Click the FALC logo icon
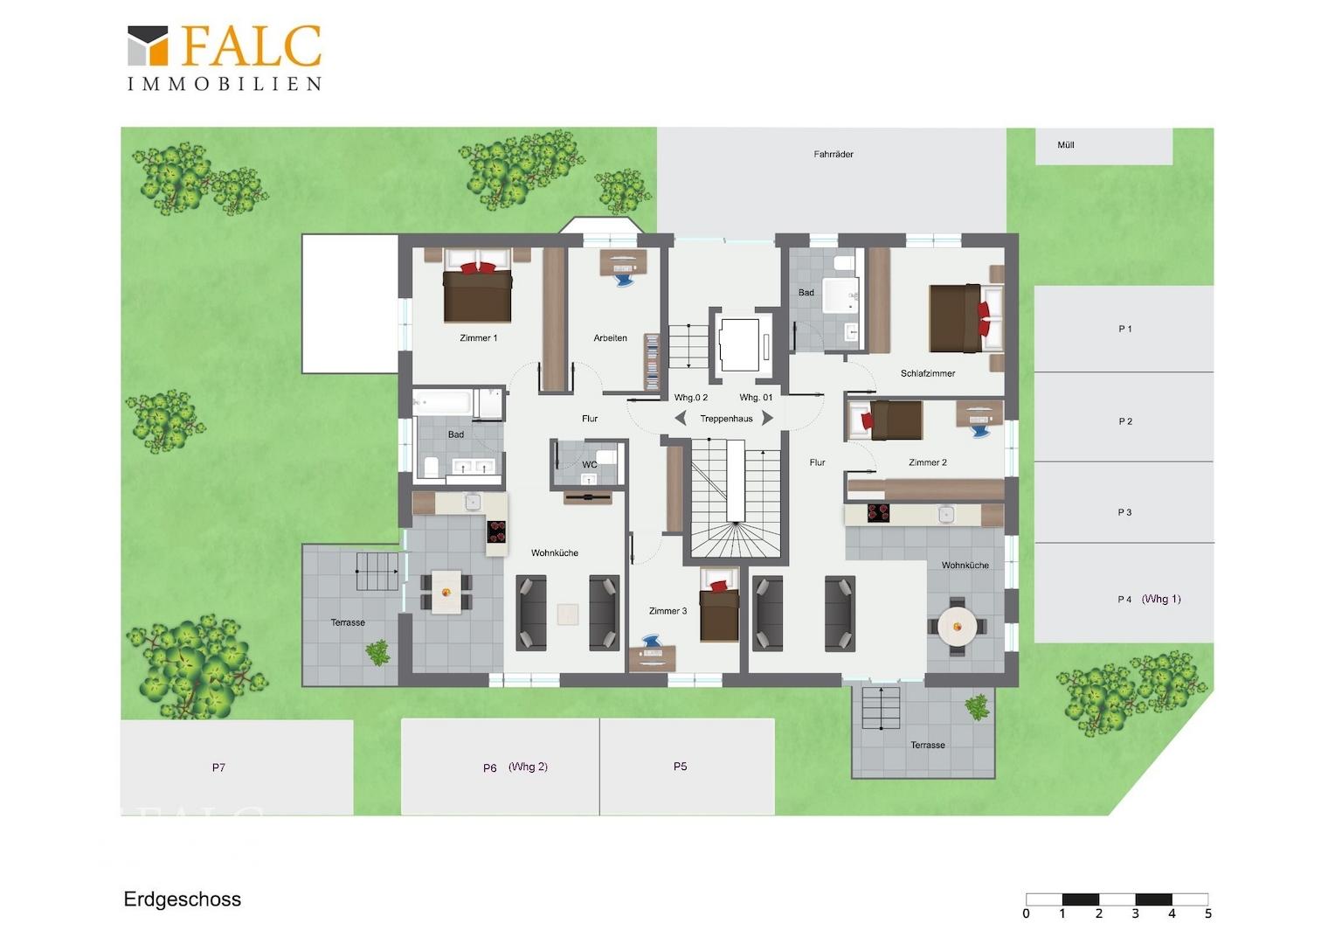[x=148, y=45]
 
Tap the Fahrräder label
[x=834, y=155]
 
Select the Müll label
[x=1066, y=145]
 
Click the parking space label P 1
[x=1124, y=329]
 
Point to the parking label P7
[x=218, y=767]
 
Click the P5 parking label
[x=680, y=767]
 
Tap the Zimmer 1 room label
[x=478, y=338]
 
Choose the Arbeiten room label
[x=611, y=338]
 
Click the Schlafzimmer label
[x=927, y=373]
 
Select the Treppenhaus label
[x=726, y=419]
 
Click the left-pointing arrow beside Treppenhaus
[x=680, y=418]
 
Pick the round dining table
[x=958, y=626]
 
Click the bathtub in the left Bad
[x=444, y=403]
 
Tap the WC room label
[x=590, y=464]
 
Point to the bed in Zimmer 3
[x=719, y=605]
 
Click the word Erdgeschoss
[x=183, y=899]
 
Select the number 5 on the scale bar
[x=1208, y=913]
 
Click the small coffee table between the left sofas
[x=567, y=614]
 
